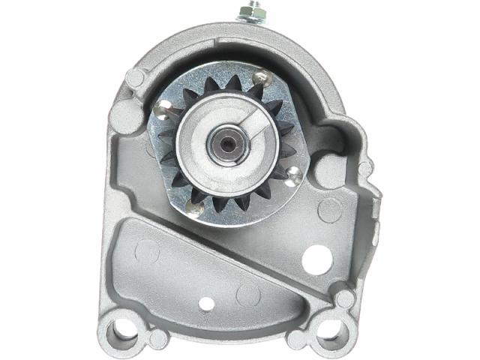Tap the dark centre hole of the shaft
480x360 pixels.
224,139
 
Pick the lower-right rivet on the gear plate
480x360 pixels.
293,176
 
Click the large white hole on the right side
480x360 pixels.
317,258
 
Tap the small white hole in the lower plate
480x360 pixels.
206,304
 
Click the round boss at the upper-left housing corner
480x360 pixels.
134,77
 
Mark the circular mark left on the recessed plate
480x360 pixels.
147,250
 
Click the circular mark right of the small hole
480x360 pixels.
247,294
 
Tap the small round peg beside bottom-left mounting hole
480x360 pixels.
158,338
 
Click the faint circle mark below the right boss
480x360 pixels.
329,210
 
